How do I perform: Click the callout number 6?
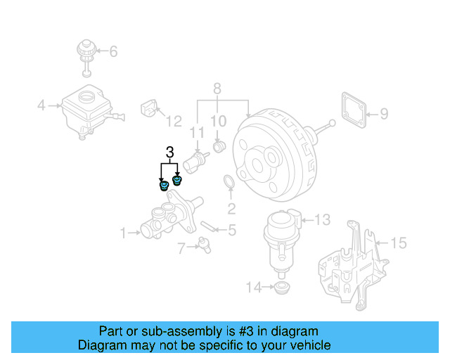tap(113, 51)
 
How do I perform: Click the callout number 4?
tap(41, 106)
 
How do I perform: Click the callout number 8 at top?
tap(217, 89)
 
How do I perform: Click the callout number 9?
tap(383, 112)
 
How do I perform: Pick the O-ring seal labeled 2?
tap(229, 183)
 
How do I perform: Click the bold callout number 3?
tap(169, 152)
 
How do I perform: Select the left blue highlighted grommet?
tap(164, 186)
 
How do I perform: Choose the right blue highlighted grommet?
tap(177, 181)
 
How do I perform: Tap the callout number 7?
tap(181, 247)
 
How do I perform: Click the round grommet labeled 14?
tap(283, 288)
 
